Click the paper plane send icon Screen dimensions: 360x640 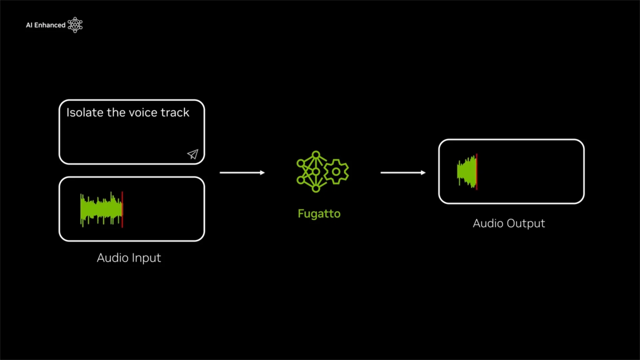click(193, 154)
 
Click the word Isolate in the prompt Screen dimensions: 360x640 click(85, 113)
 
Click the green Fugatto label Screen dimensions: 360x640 click(319, 214)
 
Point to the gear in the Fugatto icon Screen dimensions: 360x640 click(336, 172)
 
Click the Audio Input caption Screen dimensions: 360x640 click(129, 258)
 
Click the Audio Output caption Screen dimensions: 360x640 click(509, 223)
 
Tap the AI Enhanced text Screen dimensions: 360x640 click(46, 25)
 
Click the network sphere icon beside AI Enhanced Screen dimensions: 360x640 click(75, 25)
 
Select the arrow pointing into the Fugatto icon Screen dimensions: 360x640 click(242, 173)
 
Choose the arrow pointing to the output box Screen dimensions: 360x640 click(403, 173)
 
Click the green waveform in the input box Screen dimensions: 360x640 click(101, 209)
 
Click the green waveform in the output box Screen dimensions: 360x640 click(467, 172)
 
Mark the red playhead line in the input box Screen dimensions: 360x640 click(122, 209)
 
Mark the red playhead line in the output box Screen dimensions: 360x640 click(477, 172)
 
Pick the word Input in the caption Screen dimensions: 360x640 click(146, 258)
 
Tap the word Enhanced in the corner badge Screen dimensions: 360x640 click(50, 25)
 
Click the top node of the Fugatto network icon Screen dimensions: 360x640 click(316, 155)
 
